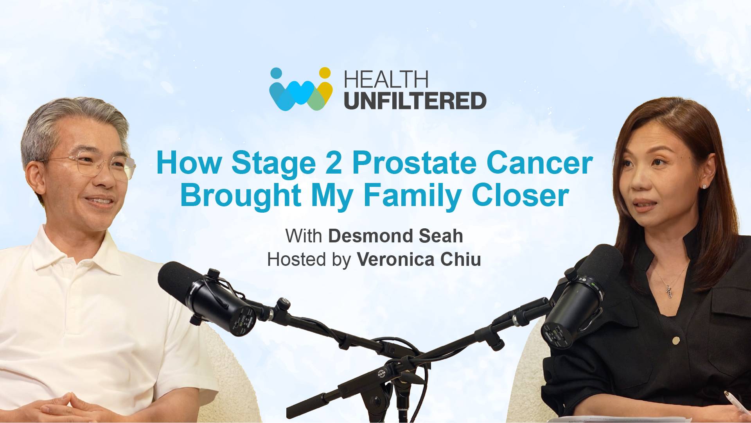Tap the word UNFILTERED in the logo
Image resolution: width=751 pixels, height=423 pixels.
point(415,100)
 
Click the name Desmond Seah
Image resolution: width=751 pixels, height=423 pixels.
point(395,236)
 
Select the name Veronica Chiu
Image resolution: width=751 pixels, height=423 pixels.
point(419,260)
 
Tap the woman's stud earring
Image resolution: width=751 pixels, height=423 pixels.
point(704,186)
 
